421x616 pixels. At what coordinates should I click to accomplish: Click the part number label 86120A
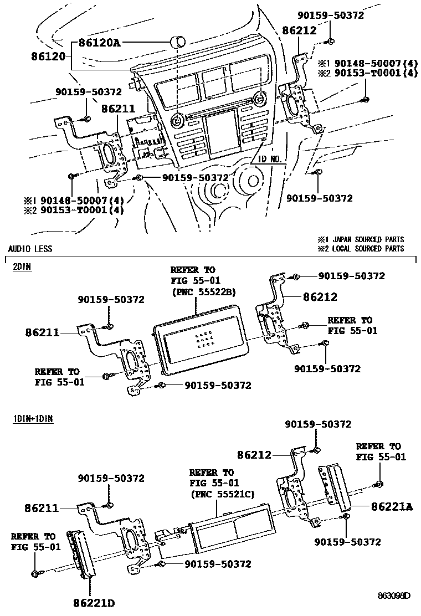click(99, 42)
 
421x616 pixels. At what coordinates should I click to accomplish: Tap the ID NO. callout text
click(271, 159)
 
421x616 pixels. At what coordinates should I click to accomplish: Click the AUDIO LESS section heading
click(30, 249)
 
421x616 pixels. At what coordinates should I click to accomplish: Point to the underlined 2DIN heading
click(22, 266)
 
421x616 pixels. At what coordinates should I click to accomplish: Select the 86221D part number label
click(94, 602)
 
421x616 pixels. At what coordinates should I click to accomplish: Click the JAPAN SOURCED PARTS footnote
click(361, 239)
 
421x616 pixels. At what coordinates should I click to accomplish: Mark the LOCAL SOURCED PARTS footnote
click(361, 249)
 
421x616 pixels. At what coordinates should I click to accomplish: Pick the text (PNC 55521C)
click(222, 494)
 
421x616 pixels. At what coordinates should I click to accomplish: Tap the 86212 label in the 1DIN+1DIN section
click(254, 455)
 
